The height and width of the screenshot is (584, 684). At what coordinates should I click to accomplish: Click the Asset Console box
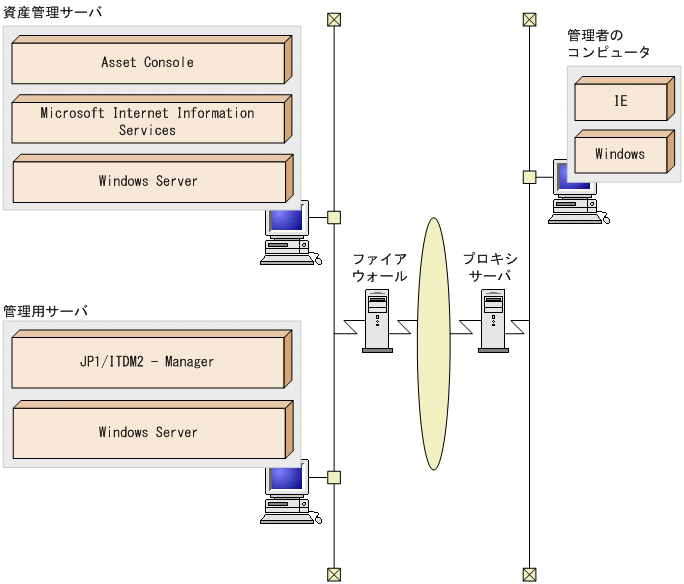148,63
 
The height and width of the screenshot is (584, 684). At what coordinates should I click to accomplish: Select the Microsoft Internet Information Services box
148,122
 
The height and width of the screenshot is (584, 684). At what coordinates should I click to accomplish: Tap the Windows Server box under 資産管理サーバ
148,182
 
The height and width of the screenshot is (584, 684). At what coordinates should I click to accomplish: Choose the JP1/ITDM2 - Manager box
148,362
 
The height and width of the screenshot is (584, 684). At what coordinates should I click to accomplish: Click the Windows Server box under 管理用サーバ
148,433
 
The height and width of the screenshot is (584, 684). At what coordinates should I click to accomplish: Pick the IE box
620,102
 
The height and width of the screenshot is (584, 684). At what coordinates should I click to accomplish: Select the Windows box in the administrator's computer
620,155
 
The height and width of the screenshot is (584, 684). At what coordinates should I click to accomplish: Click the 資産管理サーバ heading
52,13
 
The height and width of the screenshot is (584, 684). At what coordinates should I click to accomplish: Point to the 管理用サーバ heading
45,311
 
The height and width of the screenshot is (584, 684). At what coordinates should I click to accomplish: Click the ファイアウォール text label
379,267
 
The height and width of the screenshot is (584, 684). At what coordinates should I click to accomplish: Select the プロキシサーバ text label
489,267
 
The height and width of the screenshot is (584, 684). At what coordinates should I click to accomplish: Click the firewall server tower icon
377,320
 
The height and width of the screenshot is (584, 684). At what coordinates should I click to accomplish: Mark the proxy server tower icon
492,320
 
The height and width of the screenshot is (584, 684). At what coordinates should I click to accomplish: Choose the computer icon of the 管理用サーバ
286,494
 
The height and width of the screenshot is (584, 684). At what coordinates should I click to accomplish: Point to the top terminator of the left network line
334,19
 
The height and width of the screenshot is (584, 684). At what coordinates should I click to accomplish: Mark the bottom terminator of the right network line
529,574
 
